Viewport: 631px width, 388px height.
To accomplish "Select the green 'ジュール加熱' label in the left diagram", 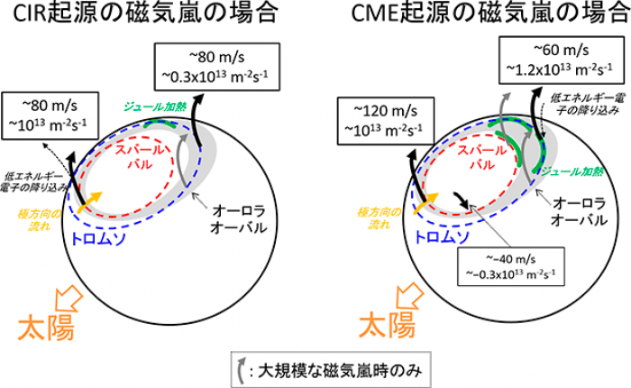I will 145,106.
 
